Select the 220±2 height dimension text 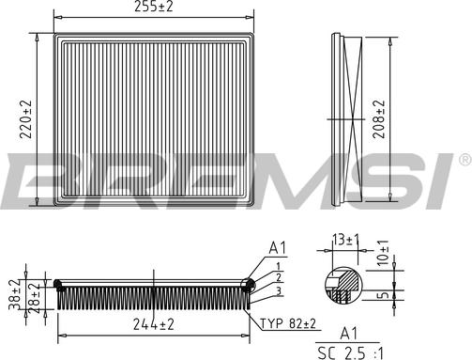pos(26,119)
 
